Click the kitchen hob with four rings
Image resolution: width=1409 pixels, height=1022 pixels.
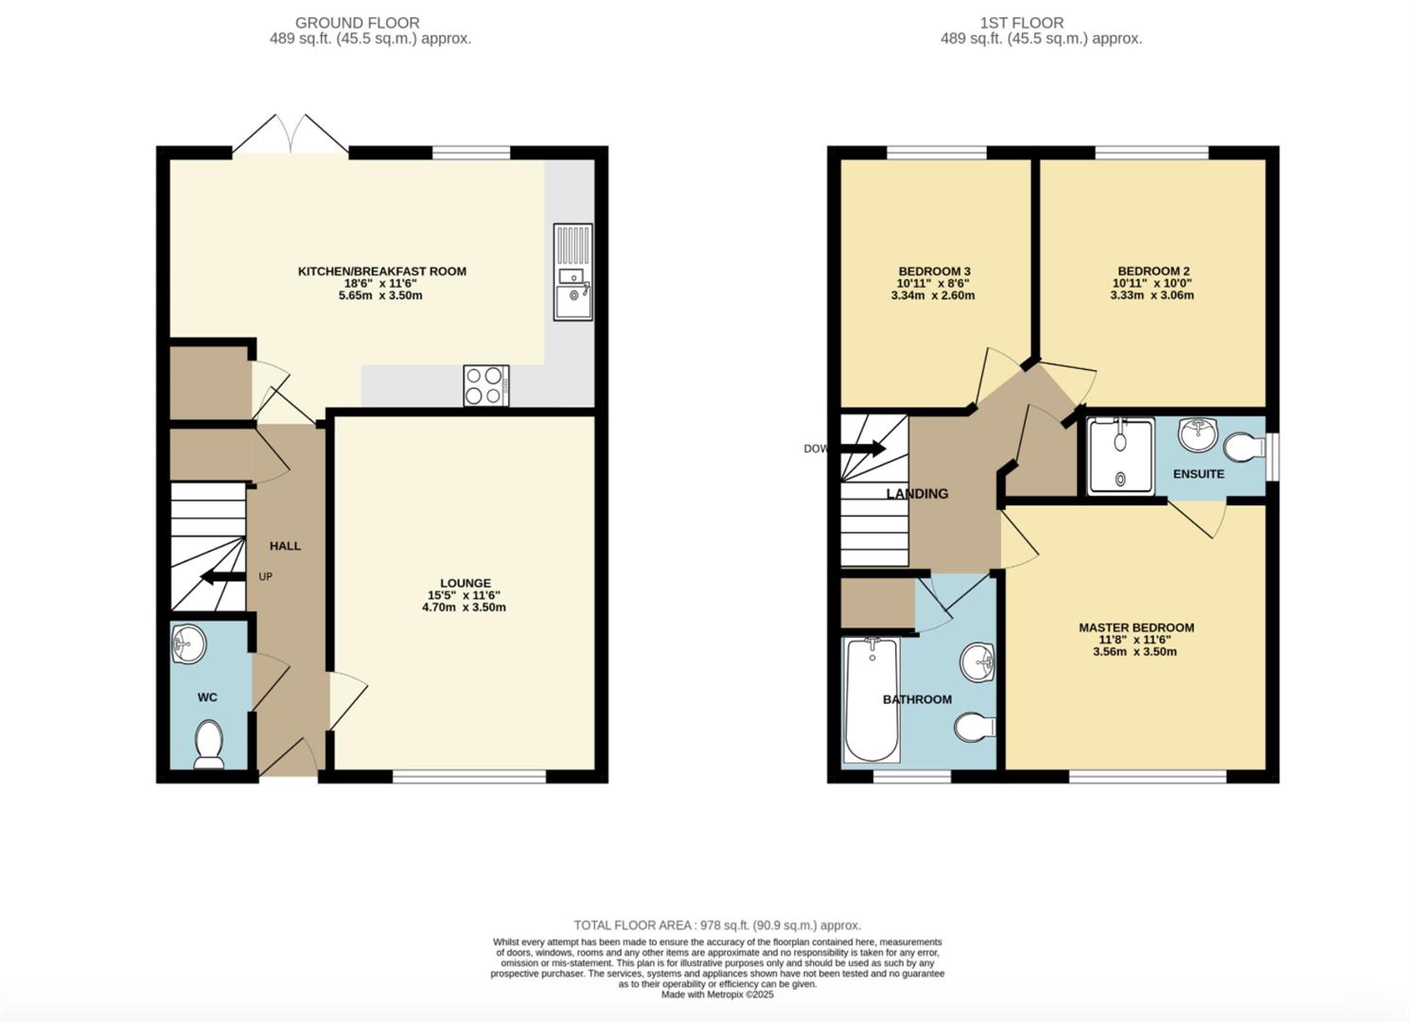[x=485, y=386]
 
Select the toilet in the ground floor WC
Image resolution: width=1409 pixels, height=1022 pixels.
[x=208, y=744]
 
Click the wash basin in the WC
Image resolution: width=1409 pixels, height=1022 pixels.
[x=188, y=646]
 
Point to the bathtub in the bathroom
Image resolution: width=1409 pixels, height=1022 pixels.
[x=872, y=700]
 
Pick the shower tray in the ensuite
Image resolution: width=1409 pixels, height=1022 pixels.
[x=1120, y=456]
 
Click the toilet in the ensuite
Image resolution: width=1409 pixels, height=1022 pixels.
[x=1244, y=446]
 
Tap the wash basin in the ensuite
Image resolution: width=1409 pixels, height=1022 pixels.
[x=1197, y=435]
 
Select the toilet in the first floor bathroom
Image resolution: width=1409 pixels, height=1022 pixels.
[x=974, y=728]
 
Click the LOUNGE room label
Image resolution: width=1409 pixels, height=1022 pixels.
[x=465, y=583]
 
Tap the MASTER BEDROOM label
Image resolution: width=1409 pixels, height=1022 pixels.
[x=1136, y=627]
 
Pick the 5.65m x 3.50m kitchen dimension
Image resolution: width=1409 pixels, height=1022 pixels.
[x=381, y=295]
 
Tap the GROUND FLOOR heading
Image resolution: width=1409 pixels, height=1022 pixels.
[x=357, y=23]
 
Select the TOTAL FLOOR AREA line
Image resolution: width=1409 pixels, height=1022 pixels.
[x=717, y=925]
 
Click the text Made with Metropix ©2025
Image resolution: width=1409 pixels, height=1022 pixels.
[x=717, y=995]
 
